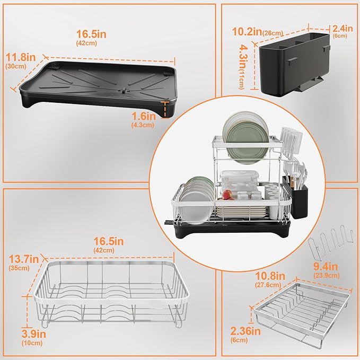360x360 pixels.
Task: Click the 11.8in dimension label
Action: (21, 57)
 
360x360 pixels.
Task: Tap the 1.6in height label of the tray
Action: (144, 116)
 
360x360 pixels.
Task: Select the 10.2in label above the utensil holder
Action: (247, 32)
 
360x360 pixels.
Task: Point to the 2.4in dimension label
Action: (343, 29)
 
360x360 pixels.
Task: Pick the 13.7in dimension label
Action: (24, 259)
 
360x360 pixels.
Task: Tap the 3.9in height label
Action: (34, 334)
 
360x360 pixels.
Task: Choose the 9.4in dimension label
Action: (326, 267)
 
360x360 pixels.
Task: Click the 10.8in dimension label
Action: (270, 276)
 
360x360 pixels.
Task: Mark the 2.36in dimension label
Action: (245, 331)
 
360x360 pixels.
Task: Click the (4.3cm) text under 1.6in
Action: (143, 125)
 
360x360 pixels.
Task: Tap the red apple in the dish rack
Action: (227, 194)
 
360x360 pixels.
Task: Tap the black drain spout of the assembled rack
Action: (169, 223)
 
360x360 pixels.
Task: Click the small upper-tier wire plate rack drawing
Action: (301, 315)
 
